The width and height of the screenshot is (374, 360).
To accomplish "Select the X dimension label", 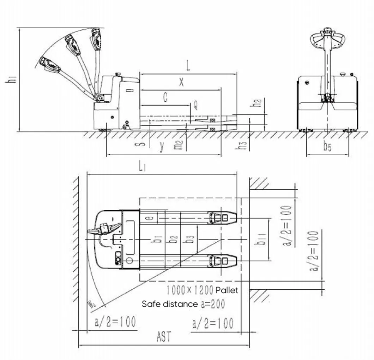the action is pos(181,82).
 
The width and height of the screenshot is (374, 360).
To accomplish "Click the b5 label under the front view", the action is pos(327,147).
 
